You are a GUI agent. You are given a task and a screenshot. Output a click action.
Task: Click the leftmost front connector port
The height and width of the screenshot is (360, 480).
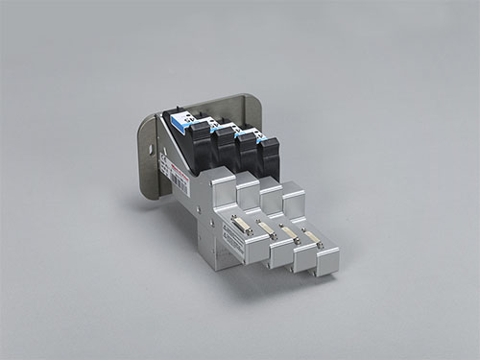[240, 224]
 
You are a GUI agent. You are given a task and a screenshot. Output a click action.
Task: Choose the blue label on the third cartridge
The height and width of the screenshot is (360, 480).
[235, 130]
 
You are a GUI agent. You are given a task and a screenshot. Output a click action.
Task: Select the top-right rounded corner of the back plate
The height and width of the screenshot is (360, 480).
[257, 99]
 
